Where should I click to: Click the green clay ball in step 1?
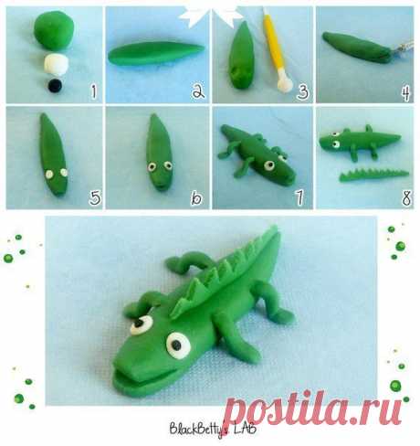pyautogui.click(x=54, y=30)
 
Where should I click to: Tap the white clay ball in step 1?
pyautogui.click(x=56, y=64)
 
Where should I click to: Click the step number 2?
pyautogui.click(x=198, y=91)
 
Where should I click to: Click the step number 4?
pyautogui.click(x=406, y=93)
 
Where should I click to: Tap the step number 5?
pyautogui.click(x=95, y=197)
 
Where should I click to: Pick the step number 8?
pyautogui.click(x=406, y=197)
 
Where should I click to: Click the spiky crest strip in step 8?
pyautogui.click(x=373, y=175)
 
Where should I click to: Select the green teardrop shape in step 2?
pyautogui.click(x=156, y=53)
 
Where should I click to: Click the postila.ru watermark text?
pyautogui.click(x=315, y=409)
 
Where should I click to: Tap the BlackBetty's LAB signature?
pyautogui.click(x=213, y=430)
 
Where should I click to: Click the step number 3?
pyautogui.click(x=302, y=91)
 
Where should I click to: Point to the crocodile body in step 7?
pyautogui.click(x=257, y=154)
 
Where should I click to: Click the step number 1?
pyautogui.click(x=94, y=91)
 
